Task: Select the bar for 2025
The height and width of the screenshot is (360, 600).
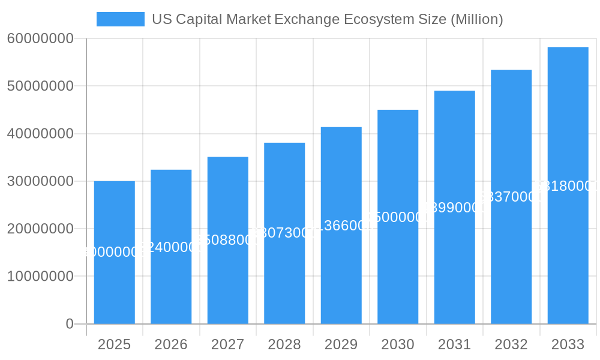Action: (x=114, y=282)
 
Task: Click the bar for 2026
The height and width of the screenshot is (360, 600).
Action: (x=171, y=282)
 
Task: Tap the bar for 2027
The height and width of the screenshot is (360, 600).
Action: (x=227, y=282)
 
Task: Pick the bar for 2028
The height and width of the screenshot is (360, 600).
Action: (x=284, y=282)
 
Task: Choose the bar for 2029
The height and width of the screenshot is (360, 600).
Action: (x=341, y=282)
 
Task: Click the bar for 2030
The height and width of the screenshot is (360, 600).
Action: (x=398, y=282)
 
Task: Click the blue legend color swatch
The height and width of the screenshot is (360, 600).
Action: (x=120, y=19)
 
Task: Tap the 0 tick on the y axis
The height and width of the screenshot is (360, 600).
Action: (x=69, y=324)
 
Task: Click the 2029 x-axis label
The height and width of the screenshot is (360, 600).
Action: (x=341, y=344)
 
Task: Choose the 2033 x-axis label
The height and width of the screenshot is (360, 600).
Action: (x=568, y=344)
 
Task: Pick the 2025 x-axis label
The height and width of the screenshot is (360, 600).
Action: (x=114, y=344)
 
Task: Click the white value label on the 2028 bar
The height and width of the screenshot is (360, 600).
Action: (x=284, y=233)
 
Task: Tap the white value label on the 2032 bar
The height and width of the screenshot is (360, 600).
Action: (x=511, y=197)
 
